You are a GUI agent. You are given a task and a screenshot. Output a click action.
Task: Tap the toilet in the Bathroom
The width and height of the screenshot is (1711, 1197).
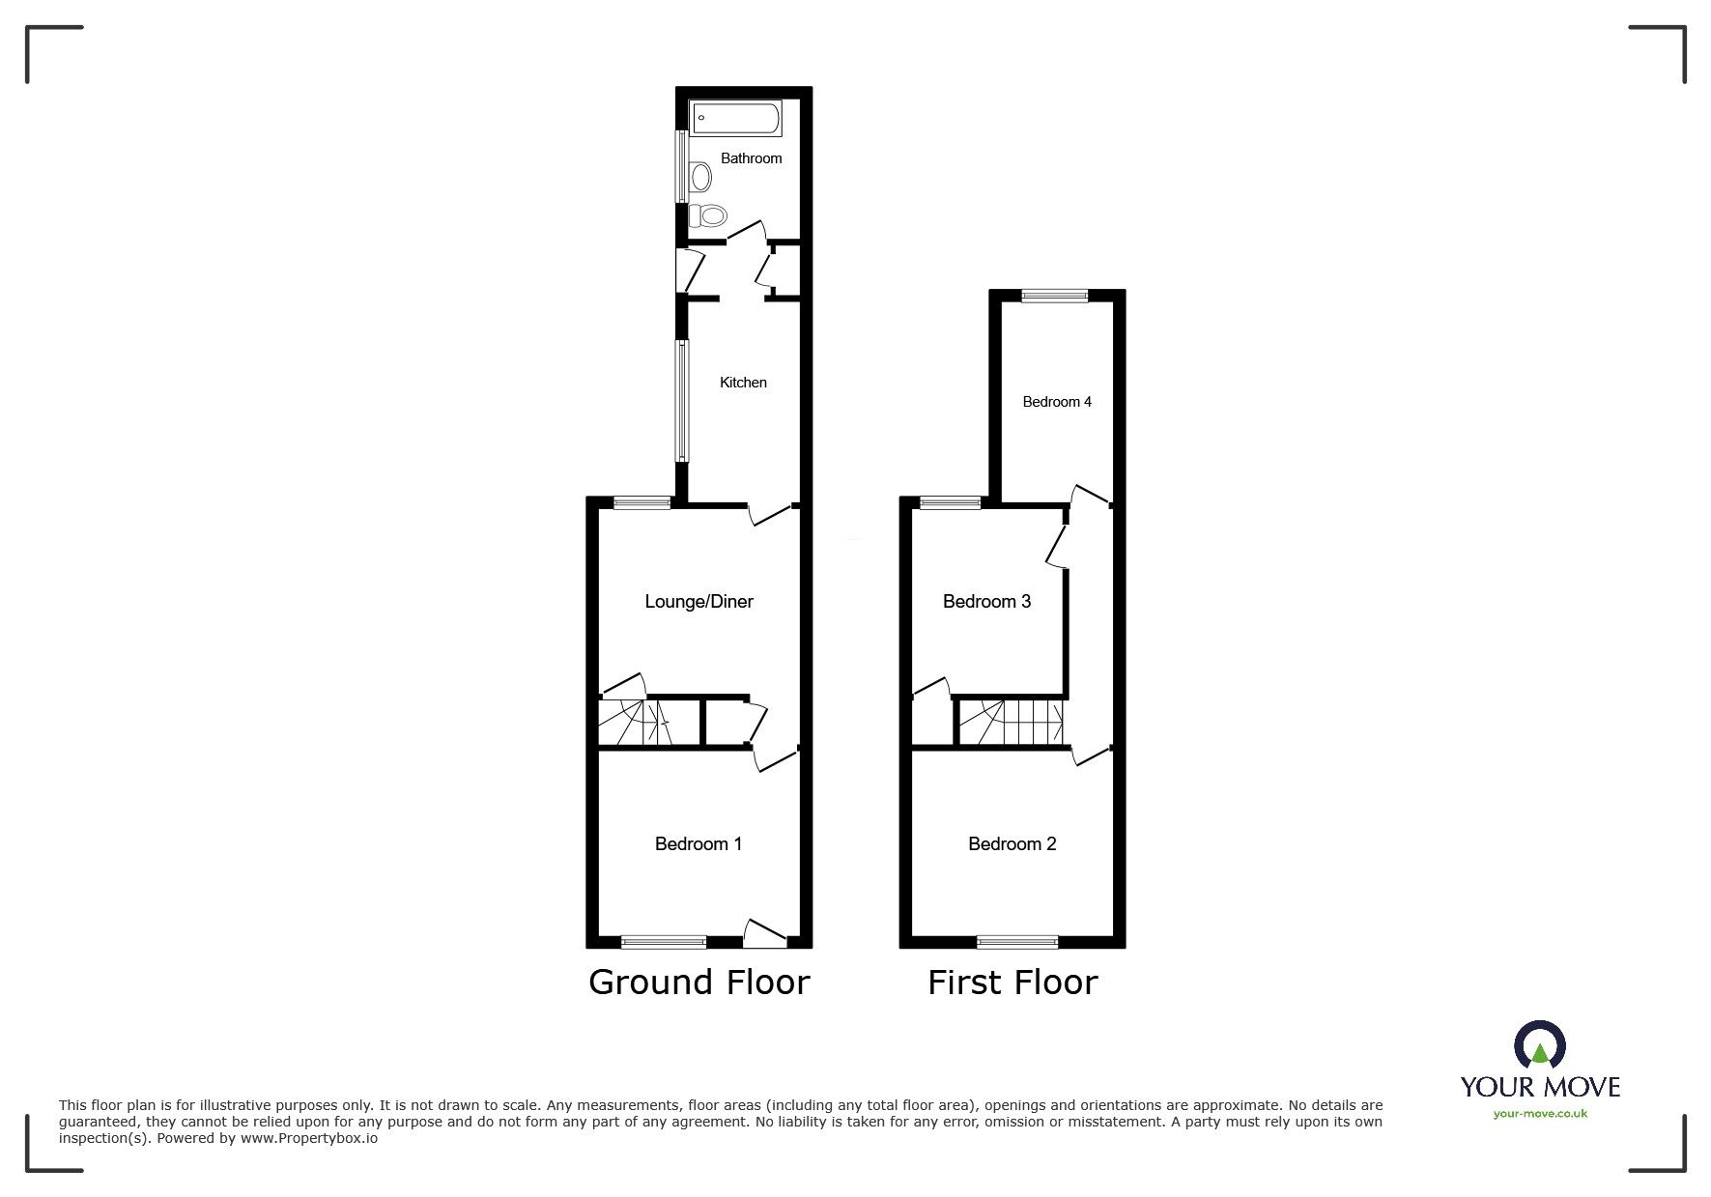point(709,215)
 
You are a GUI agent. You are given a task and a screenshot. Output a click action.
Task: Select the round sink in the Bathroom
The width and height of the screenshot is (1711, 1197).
point(700,177)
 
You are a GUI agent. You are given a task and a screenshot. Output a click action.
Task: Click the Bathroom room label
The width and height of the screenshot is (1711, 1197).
point(751,158)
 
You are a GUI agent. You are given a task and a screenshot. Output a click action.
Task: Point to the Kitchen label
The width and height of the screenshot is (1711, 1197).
point(743,383)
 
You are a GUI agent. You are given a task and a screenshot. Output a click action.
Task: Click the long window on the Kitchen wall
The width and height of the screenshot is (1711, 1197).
point(681,400)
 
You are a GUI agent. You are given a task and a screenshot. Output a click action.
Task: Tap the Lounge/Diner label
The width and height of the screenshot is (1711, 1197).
point(699,602)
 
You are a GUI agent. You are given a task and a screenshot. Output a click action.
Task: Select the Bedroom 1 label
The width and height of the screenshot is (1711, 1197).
point(698,844)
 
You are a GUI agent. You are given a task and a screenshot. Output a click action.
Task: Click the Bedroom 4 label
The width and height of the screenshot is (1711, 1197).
point(1057,402)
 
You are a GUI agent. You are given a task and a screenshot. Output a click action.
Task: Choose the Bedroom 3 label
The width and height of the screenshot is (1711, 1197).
point(986,602)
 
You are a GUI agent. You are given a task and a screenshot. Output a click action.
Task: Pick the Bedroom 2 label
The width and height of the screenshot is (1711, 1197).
point(1012,844)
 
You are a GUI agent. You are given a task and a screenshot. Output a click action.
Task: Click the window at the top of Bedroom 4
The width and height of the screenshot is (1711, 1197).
point(1054,297)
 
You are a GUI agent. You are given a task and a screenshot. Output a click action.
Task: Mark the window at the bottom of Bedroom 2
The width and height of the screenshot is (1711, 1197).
point(1017,942)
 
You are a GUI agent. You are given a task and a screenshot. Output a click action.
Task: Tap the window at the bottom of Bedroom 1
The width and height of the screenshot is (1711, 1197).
point(663,942)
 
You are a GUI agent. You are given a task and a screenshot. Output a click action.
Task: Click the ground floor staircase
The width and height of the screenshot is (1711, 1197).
point(635,723)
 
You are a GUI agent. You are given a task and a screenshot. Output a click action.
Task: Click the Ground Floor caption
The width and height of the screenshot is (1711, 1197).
point(699,983)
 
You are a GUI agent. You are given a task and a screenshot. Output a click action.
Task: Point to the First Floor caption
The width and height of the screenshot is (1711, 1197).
point(1012,983)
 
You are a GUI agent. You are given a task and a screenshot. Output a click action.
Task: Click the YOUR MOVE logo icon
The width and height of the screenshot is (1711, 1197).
point(1539,1046)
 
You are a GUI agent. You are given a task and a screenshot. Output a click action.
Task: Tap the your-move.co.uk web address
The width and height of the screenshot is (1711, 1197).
point(1540,1114)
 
